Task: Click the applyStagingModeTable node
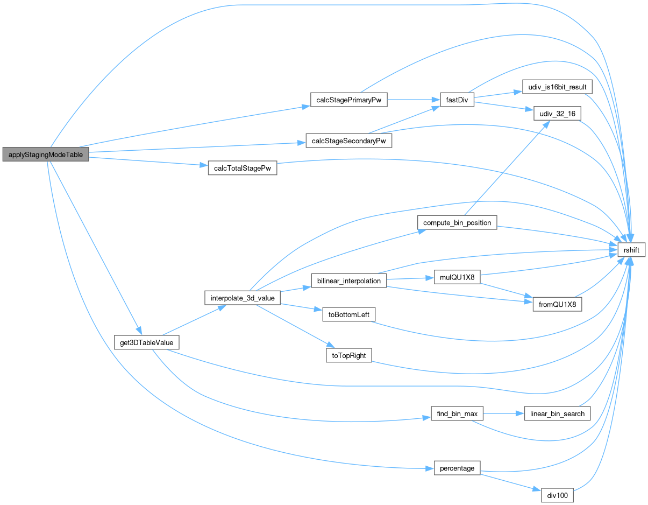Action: click(x=46, y=153)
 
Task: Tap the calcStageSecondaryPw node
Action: click(x=348, y=141)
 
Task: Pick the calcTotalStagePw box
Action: click(x=242, y=167)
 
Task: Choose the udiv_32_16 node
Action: click(x=557, y=114)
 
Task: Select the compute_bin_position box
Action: click(x=458, y=222)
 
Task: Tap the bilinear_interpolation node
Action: click(x=349, y=280)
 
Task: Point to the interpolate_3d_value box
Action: click(x=243, y=298)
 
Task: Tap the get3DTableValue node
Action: click(x=146, y=342)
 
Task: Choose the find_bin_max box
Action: click(x=457, y=413)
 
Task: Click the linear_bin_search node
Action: click(x=557, y=413)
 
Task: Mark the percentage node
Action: click(x=457, y=468)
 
